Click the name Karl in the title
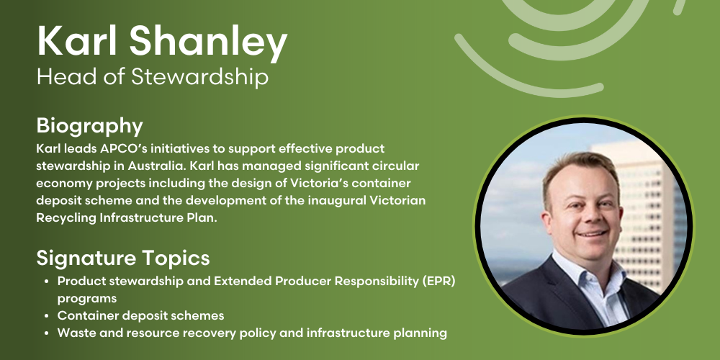coord(78,41)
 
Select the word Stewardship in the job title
coord(199,77)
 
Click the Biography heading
coord(89,127)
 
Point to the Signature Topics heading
coord(123,258)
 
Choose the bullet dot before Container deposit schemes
coord(48,316)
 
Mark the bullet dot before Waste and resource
coord(48,333)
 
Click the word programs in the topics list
coord(87,299)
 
